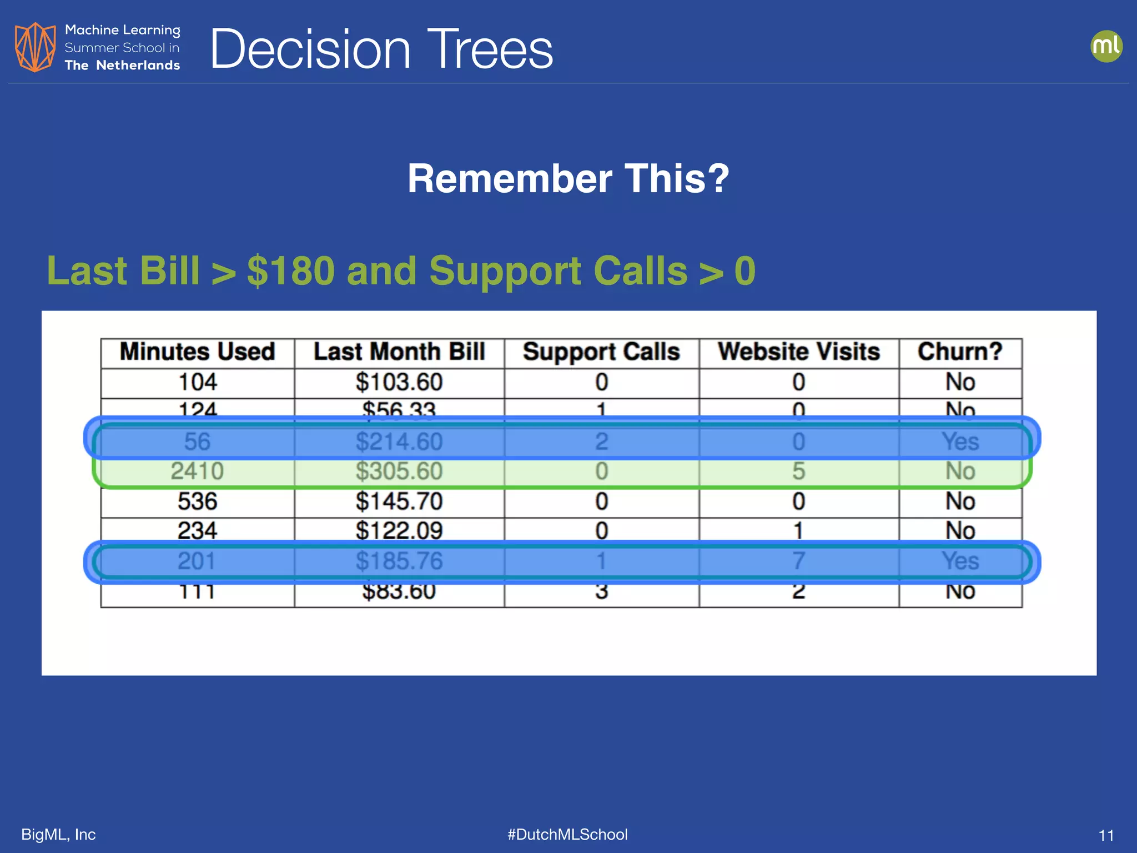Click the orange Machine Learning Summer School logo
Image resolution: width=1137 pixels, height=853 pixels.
35,47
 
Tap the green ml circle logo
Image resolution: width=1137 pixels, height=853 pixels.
1106,46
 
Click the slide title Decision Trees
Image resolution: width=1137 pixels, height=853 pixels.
381,49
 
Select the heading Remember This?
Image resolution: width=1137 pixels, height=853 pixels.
568,179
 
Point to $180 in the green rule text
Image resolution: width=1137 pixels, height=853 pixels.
291,271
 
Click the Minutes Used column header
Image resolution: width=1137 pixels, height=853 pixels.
197,352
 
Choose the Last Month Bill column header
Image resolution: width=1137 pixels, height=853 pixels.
399,352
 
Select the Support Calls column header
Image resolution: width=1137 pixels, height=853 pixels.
601,352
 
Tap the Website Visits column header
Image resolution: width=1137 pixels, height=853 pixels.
798,352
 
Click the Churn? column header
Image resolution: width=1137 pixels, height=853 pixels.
960,352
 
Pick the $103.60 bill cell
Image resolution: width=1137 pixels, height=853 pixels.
399,382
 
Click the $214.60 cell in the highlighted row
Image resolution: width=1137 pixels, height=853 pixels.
399,442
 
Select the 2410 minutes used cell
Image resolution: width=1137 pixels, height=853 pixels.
197,471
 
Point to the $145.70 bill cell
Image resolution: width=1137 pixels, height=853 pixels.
399,501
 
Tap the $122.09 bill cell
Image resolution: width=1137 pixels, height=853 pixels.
399,531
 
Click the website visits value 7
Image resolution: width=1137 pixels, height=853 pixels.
798,561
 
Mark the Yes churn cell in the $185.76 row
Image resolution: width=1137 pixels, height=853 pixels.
960,561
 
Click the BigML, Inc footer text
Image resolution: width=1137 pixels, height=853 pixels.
58,834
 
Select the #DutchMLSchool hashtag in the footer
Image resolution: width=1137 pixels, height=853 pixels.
567,834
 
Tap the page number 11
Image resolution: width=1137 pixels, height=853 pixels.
1106,835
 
